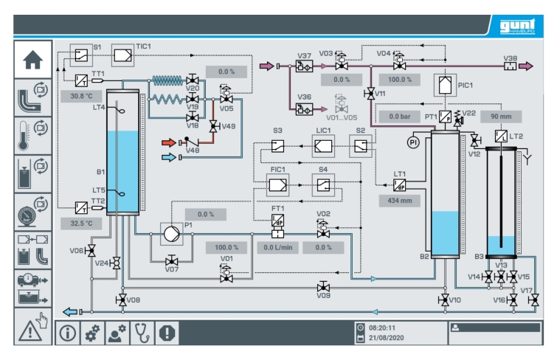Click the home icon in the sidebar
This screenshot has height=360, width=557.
pos(32,60)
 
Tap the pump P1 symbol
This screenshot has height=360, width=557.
pos(172,234)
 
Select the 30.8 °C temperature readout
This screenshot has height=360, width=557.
pos(81,96)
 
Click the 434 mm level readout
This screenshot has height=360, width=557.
pos(400,201)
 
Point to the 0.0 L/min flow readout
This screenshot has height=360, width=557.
pos(278,247)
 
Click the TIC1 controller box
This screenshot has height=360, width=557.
pos(123,55)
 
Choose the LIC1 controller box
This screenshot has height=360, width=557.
pos(323,146)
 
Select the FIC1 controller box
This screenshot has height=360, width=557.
pos(278,185)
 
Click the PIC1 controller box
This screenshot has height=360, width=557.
pos(445,86)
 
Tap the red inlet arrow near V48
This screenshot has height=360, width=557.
pos(169,143)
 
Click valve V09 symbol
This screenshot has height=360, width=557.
pos(323,286)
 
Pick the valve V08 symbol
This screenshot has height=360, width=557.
pos(122,300)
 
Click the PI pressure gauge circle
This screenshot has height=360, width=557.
pos(413,142)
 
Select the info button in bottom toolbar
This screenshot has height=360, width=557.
pos(67,333)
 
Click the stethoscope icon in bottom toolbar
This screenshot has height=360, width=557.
pos(142,333)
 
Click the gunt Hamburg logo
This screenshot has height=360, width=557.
pos(517,26)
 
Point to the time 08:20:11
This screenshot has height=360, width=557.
pos(382,328)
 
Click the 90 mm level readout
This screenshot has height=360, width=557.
pos(501,117)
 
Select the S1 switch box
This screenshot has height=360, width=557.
pos(81,55)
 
